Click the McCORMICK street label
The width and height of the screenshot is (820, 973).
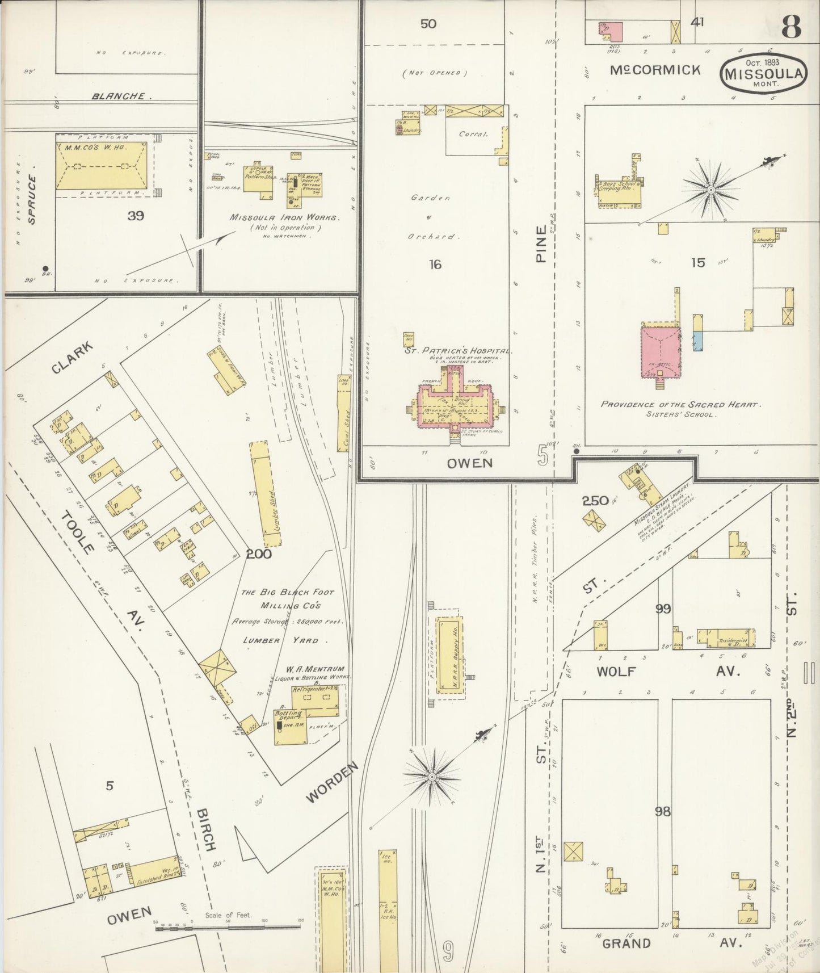655,70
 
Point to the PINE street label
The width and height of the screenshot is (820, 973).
541,244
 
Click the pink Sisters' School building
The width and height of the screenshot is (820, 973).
661,351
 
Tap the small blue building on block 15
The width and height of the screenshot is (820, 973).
698,340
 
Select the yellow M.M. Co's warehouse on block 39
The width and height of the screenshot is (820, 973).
102,165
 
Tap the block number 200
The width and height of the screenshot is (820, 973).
259,553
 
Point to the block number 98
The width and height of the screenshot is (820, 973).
662,812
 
